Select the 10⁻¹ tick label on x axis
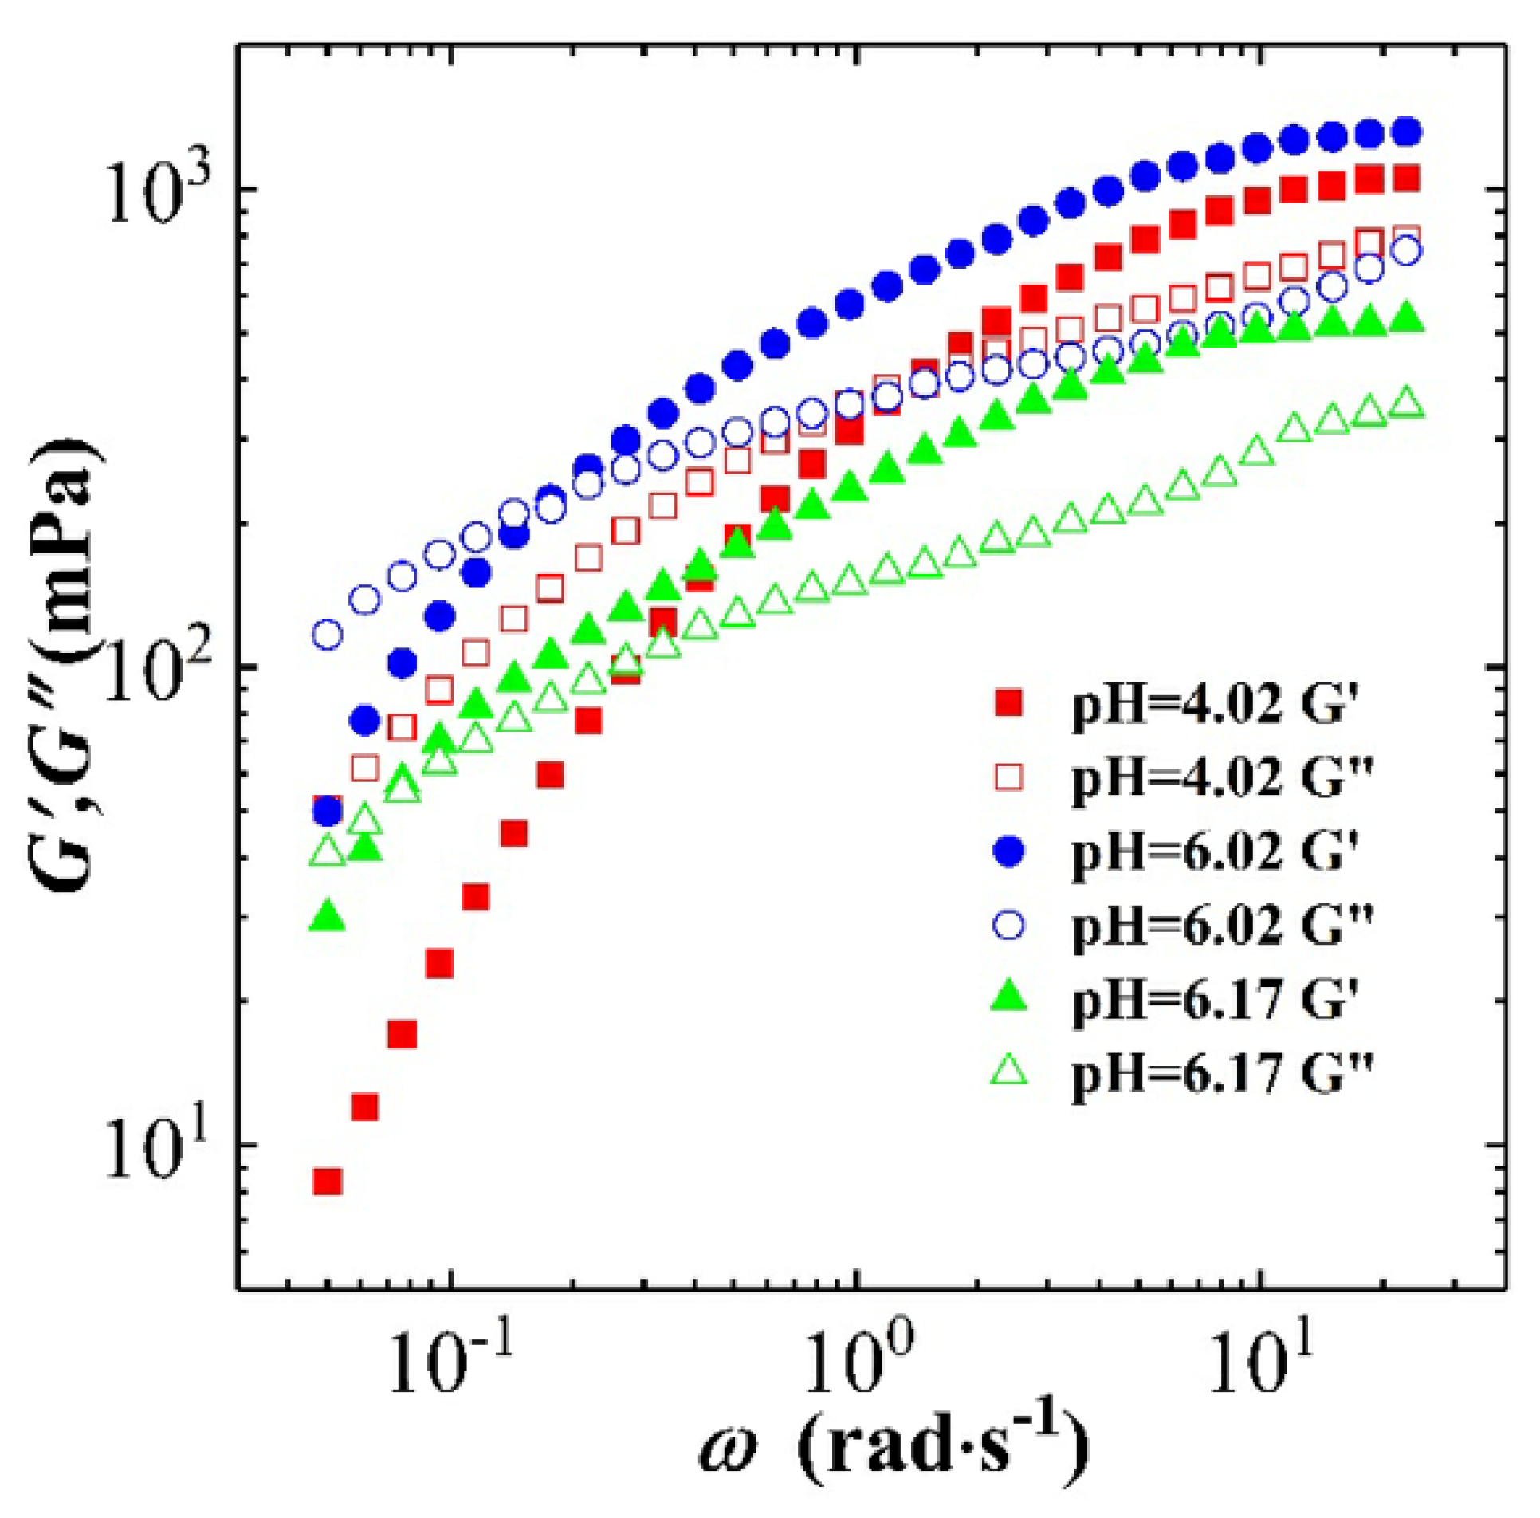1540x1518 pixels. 451,1363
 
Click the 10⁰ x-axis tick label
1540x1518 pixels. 857,1363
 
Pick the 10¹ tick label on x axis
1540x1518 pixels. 1260,1363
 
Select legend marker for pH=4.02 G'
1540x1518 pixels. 1010,702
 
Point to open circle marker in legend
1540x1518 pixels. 1010,925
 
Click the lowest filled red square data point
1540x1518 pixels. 328,1181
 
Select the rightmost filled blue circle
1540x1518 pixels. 1408,132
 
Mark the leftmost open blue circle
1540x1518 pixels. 328,635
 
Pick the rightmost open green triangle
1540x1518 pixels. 1408,403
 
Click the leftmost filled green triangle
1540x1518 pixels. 328,917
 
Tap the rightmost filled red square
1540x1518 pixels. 1408,178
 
